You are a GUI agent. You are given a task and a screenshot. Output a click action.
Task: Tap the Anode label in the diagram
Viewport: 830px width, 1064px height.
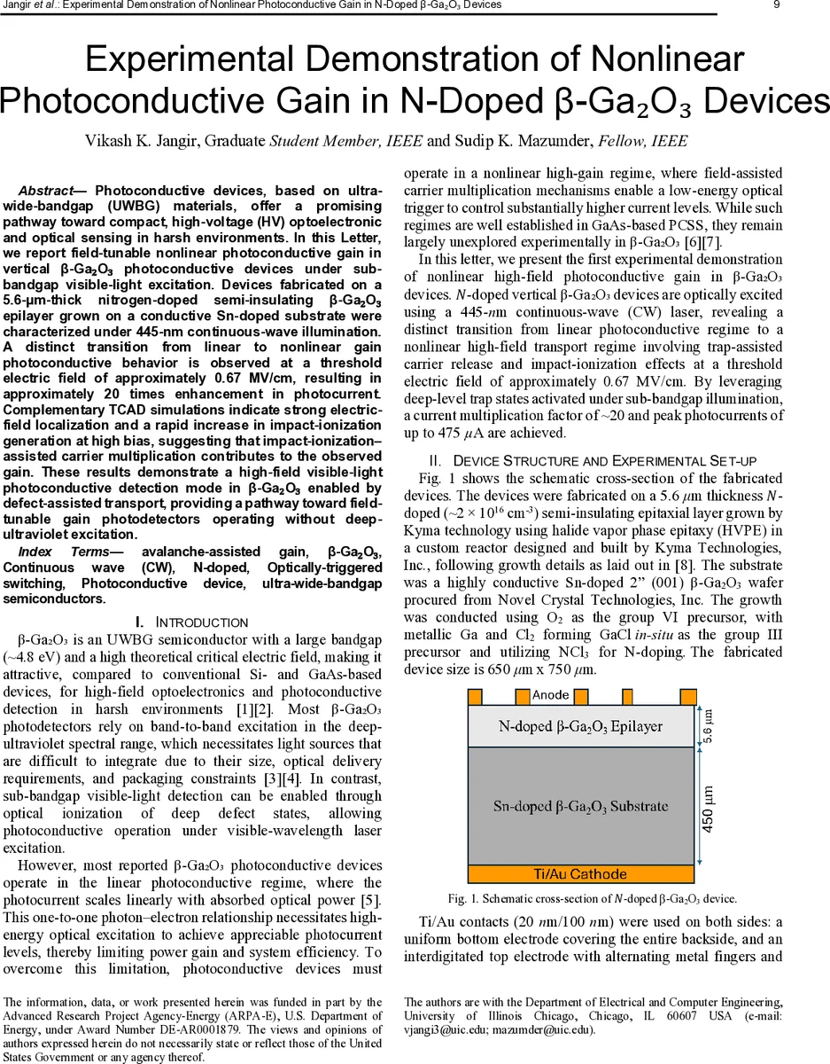[551, 695]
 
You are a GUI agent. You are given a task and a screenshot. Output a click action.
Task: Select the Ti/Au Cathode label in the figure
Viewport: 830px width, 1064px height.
[580, 874]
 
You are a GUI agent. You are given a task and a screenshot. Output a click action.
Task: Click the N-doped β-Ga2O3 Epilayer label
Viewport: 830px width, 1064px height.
[580, 726]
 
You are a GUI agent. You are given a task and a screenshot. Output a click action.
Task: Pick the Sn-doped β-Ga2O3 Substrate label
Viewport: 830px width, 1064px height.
[580, 806]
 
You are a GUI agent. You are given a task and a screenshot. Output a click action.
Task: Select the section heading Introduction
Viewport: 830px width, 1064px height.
[201, 622]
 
